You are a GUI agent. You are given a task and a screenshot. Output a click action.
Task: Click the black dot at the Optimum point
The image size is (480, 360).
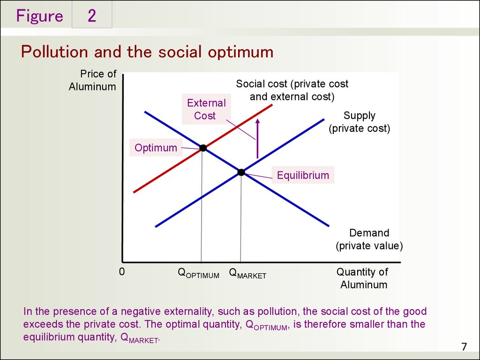pos(203,148)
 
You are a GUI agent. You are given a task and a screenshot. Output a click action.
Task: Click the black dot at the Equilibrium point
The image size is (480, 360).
pos(241,172)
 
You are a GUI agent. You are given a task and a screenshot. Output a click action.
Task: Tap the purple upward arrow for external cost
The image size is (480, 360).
pos(257,138)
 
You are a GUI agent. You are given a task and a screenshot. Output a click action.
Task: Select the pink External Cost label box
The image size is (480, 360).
pos(206,109)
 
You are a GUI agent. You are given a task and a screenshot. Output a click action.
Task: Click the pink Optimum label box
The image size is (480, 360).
pos(156,148)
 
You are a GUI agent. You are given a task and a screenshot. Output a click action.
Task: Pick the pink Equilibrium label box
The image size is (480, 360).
pos(303,175)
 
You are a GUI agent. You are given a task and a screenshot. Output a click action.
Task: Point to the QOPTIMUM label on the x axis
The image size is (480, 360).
pos(198,273)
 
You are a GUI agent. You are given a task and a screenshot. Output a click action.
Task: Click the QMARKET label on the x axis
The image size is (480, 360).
pos(247,273)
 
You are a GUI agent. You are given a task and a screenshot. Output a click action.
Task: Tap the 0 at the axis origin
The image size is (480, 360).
pos(122,272)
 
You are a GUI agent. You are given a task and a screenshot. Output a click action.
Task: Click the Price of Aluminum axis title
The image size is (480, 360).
pos(92,80)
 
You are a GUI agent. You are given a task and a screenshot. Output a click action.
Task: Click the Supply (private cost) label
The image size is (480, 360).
pos(360,122)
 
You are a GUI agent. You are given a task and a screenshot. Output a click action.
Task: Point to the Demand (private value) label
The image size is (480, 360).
pos(369,240)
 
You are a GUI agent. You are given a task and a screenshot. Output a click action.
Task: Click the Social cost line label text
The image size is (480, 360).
pos(292,90)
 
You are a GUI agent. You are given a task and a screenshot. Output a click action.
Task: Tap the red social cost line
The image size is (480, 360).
pos(203,149)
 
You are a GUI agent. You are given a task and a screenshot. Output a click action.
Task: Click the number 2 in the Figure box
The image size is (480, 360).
pos(92,15)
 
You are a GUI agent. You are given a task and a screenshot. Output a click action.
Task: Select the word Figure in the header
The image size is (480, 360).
pos(39,15)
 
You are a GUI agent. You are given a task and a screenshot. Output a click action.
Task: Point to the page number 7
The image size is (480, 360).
pos(464,347)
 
